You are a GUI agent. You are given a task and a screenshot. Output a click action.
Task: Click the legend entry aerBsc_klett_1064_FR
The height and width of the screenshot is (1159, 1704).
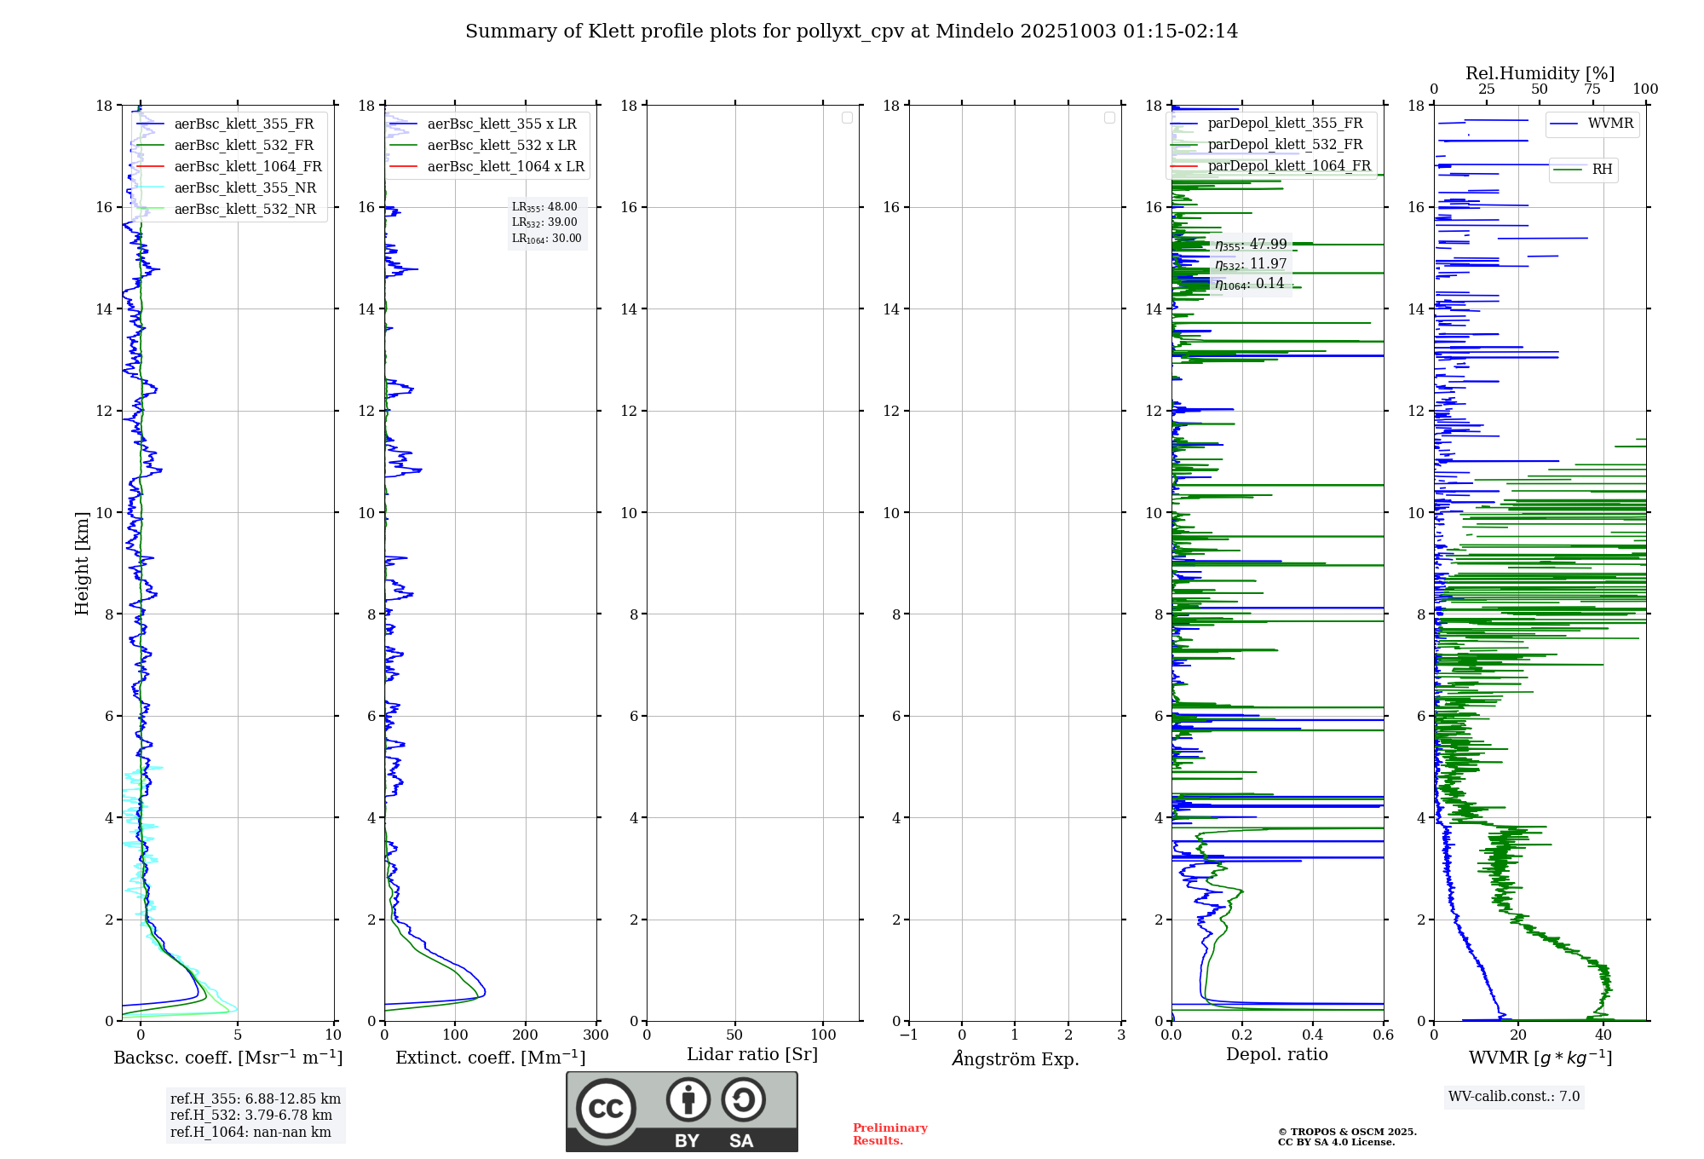[247, 166]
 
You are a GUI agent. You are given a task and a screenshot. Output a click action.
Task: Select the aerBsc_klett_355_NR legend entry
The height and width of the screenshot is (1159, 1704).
[245, 187]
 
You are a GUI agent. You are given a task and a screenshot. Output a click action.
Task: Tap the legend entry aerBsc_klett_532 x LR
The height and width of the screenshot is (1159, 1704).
[501, 145]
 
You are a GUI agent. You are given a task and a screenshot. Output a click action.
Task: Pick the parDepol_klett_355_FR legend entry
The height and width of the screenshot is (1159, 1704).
[1285, 124]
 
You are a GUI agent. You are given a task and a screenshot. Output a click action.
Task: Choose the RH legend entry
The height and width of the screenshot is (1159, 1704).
[1602, 170]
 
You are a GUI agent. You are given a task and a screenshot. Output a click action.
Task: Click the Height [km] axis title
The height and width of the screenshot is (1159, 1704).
[82, 563]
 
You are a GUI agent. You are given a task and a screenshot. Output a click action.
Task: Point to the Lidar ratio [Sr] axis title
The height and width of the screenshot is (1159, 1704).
[751, 1054]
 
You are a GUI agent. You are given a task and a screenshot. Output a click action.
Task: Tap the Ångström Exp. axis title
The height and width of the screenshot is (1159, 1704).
[1015, 1058]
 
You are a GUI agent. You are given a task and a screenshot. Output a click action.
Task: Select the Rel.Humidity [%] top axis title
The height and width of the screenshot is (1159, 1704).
[1540, 73]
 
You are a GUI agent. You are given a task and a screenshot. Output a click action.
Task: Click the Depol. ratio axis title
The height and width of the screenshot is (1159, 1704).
[1276, 1054]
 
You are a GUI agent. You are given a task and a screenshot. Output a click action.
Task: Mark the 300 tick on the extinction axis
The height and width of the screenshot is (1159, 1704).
[596, 1035]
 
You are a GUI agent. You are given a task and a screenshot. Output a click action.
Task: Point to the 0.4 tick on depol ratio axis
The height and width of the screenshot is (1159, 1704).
[1312, 1035]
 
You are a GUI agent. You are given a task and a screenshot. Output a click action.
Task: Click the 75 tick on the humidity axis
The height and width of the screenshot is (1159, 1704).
[1592, 89]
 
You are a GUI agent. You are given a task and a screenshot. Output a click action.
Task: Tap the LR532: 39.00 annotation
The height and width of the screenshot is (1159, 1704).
[544, 222]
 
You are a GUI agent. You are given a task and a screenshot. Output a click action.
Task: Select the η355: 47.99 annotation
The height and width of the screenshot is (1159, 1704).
[1250, 245]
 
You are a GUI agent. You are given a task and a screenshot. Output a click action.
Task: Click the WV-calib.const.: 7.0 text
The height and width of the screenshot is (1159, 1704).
[1513, 1096]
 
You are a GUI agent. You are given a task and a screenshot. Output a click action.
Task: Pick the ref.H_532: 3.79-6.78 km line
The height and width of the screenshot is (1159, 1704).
[250, 1115]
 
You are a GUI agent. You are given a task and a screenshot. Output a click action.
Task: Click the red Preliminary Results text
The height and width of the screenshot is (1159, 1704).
[889, 1133]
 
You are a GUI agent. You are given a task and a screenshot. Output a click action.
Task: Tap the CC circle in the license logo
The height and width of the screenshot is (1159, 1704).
[606, 1109]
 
